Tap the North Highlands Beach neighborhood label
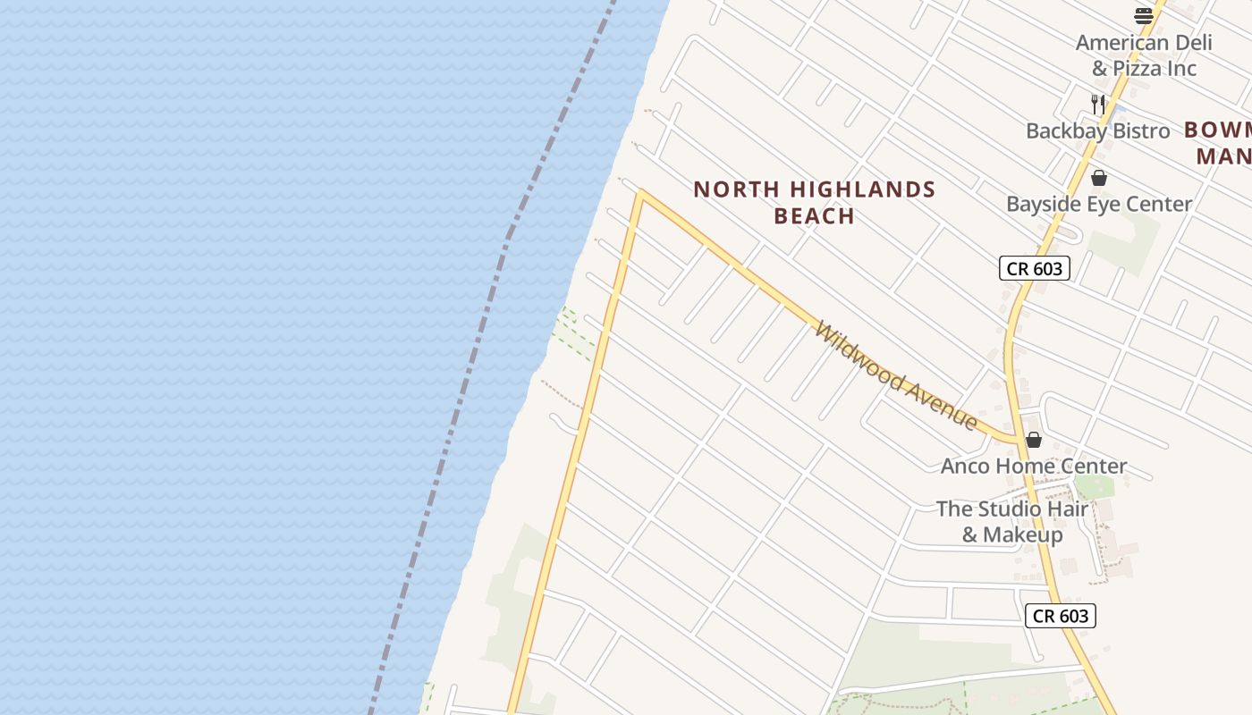[814, 202]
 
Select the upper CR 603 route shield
[1034, 267]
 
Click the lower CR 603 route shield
[1060, 615]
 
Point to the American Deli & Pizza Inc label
[1144, 55]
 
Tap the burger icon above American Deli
[1144, 15]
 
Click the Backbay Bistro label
[1097, 130]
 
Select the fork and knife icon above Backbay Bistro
[1098, 104]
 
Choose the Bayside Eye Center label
[1099, 204]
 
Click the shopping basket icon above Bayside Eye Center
[1099, 178]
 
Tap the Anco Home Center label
[1034, 466]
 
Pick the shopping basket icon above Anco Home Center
[1034, 440]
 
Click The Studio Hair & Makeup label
[1012, 521]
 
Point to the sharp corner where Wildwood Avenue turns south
[640, 191]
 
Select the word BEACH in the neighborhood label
[814, 216]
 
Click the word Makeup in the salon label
[1022, 534]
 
